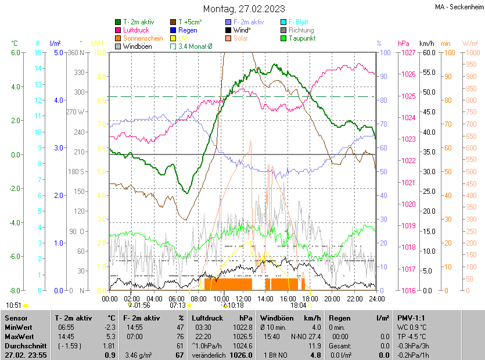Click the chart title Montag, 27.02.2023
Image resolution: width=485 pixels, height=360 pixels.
244,9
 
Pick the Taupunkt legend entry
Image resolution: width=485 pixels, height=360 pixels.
302,38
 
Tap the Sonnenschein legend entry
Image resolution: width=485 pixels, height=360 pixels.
143,38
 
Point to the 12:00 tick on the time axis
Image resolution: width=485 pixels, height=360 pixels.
243,298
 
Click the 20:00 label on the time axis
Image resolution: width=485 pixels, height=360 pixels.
332,298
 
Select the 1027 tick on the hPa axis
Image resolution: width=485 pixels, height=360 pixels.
408,53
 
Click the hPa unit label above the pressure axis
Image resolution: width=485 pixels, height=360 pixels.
404,44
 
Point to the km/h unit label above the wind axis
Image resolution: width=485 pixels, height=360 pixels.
426,44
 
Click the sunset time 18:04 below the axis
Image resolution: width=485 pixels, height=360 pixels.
299,305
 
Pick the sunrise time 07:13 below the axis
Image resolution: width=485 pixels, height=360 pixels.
177,305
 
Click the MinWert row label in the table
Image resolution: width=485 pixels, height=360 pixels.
20,327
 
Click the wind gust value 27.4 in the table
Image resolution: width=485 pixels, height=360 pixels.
314,336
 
